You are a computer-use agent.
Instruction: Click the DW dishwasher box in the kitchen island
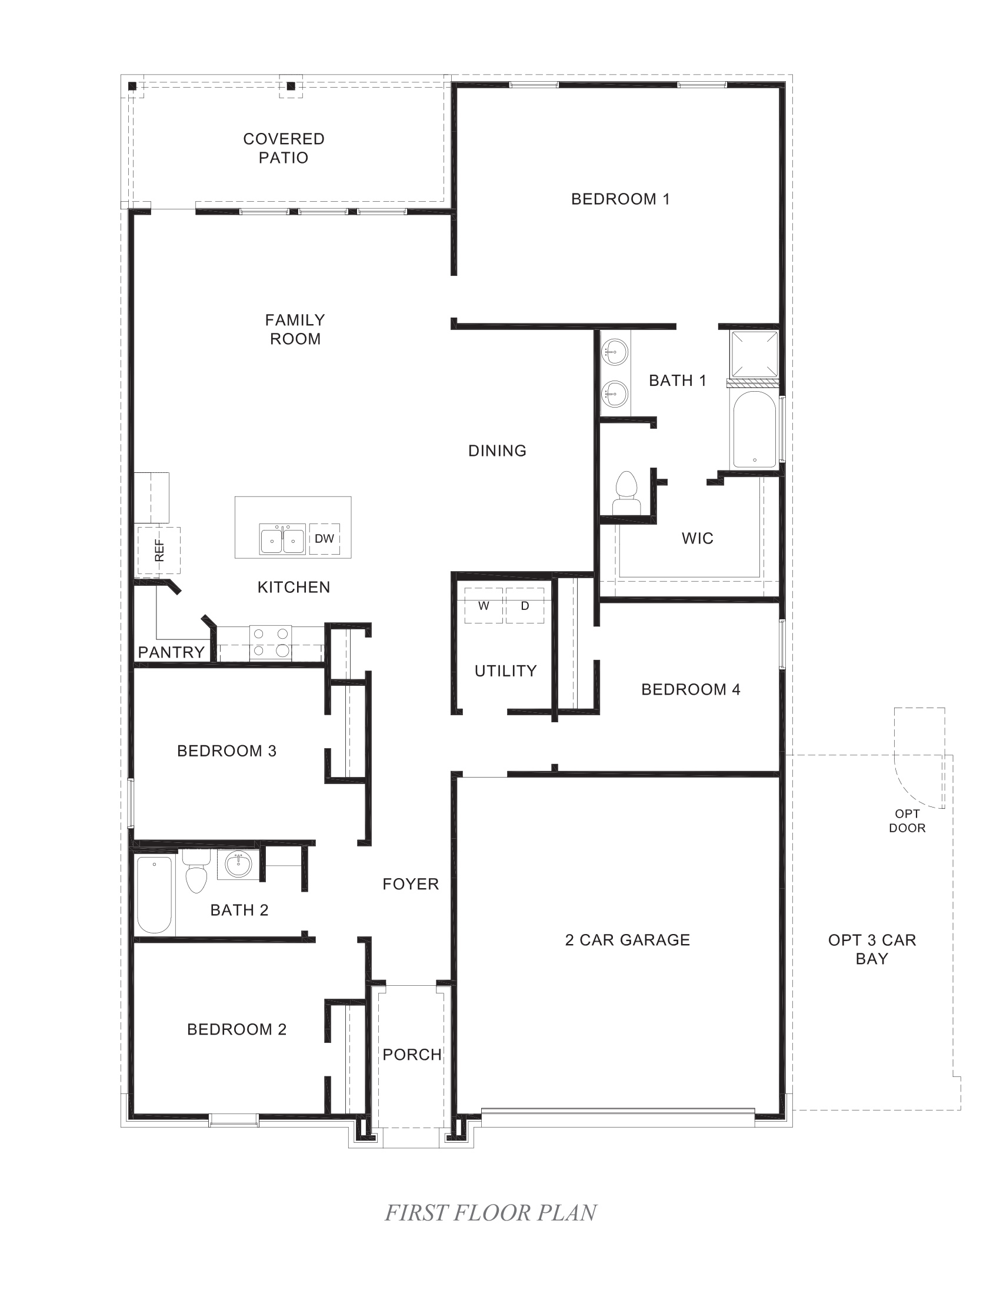click(324, 539)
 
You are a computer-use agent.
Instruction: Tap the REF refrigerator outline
click(159, 551)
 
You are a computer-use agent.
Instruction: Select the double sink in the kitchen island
click(282, 539)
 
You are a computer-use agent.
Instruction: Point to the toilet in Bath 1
click(626, 493)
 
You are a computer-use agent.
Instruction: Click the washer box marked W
click(484, 605)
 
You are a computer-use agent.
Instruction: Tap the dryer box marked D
click(525, 605)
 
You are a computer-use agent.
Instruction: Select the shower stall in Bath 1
click(754, 353)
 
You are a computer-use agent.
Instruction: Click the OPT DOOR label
click(907, 821)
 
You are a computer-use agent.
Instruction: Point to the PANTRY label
click(171, 652)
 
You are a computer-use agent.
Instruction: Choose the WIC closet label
click(697, 538)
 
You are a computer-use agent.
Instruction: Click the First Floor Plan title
click(491, 1213)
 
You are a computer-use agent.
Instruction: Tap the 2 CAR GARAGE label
click(628, 940)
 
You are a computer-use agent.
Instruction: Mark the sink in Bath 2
click(238, 865)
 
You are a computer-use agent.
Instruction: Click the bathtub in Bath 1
click(754, 429)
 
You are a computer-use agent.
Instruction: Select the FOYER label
click(411, 884)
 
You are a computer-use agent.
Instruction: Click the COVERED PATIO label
click(284, 148)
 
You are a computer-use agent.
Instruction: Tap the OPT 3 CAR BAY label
click(871, 949)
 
